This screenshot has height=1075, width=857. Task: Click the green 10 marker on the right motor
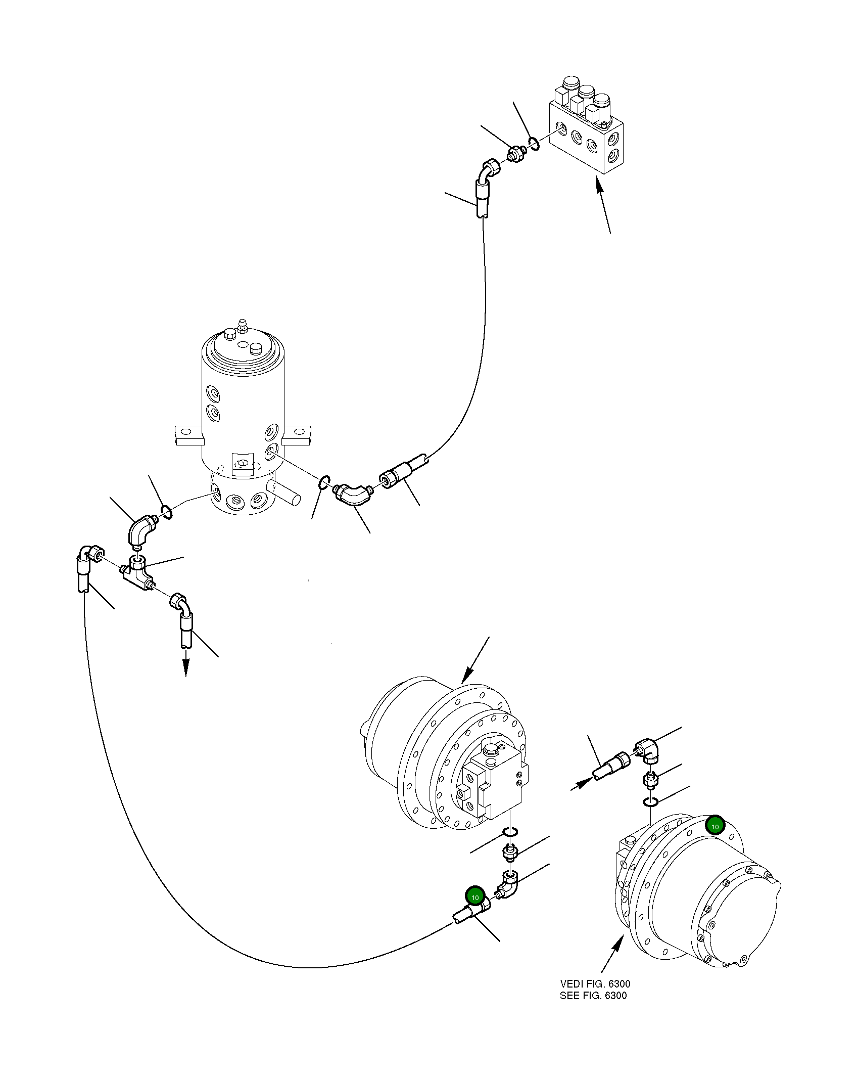point(715,826)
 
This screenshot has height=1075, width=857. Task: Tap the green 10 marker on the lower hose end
point(474,897)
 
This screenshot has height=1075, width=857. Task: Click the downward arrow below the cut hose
point(186,668)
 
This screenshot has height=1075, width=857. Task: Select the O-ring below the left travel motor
point(510,833)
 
